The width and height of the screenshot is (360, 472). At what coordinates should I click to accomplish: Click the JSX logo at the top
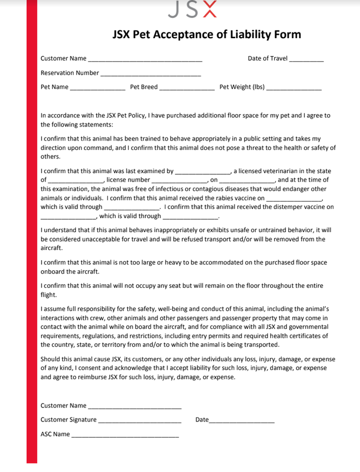(192, 9)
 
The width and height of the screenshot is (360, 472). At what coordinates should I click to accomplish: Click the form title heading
(207, 34)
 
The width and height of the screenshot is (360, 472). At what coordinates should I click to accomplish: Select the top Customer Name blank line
(145, 60)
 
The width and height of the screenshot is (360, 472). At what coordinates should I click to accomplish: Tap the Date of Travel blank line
(307, 60)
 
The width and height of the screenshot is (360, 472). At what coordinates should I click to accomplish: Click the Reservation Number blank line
(150, 74)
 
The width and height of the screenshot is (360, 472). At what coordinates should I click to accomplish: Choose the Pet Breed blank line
(187, 88)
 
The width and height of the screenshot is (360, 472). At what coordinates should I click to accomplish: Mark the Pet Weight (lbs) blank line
(294, 88)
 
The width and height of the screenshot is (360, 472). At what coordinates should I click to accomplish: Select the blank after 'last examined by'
(202, 172)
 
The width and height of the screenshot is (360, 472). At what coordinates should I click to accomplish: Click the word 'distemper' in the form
(293, 207)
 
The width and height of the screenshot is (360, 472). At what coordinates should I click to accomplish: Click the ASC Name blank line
(125, 435)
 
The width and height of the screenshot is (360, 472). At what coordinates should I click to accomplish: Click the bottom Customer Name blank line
(134, 407)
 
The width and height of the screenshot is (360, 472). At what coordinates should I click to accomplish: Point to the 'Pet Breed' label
(144, 87)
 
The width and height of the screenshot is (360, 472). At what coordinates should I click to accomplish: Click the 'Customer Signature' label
(69, 420)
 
